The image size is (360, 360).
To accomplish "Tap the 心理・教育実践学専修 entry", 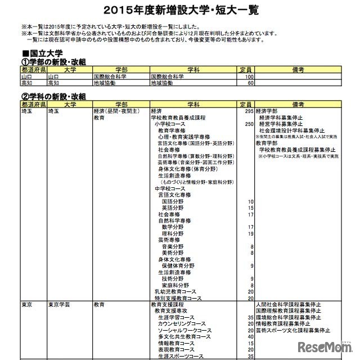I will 184,137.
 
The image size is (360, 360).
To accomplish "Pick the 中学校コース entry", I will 169,188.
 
